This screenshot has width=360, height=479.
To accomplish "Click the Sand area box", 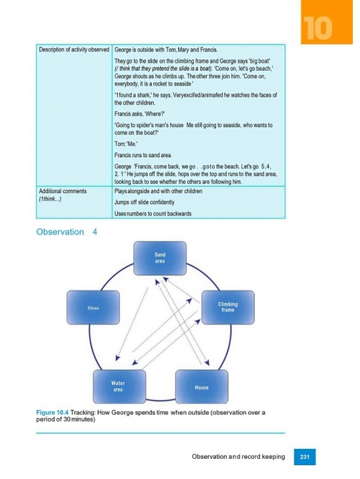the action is point(160,258).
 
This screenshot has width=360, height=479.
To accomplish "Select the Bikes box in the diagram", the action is point(93,308).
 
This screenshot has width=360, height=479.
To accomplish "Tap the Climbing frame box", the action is point(228,308).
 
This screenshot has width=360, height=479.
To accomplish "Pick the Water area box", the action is point(119,387).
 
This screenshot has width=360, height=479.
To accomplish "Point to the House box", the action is point(202,387).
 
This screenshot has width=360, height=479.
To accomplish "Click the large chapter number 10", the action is point(318,28).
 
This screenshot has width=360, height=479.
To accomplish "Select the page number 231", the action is point(304,457).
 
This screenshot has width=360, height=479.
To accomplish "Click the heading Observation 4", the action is point(67,232).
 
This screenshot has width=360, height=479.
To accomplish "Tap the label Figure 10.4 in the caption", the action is point(52,412).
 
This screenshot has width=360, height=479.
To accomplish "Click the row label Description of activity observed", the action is point(74,50).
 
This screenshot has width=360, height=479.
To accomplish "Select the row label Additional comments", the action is point(63,191).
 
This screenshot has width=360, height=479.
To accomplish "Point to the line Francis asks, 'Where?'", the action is point(139,114).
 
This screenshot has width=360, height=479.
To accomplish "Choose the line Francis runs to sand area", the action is point(143,155).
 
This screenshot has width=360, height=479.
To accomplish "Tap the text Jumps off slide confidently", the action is point(145,202).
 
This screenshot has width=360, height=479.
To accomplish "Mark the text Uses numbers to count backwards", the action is point(153,213).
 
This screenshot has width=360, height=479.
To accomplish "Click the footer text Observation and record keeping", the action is point(238,457).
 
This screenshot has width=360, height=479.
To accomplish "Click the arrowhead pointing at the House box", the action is point(207,363).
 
